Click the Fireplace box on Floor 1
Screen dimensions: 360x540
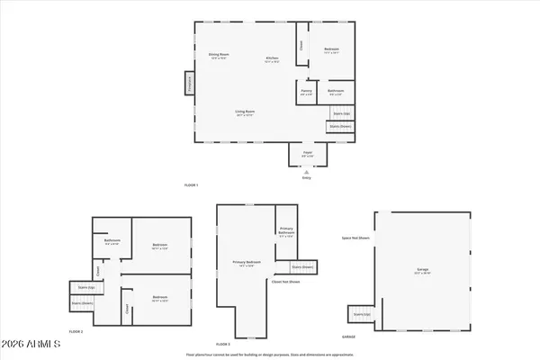190,83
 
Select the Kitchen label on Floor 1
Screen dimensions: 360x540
273,60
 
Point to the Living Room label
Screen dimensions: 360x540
244,112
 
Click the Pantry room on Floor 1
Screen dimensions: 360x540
305,91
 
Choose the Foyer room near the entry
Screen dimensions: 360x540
306,155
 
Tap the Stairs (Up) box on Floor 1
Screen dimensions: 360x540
341,113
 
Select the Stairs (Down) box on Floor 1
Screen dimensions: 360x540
339,127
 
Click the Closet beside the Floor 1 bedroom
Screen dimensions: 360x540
301,45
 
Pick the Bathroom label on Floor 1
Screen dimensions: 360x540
336,91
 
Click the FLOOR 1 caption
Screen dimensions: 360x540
191,184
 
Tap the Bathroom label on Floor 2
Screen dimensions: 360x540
112,241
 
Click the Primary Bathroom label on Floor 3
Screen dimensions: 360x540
286,232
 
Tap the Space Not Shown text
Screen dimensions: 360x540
355,238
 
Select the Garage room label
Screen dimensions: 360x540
423,271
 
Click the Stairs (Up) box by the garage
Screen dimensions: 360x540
362,314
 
